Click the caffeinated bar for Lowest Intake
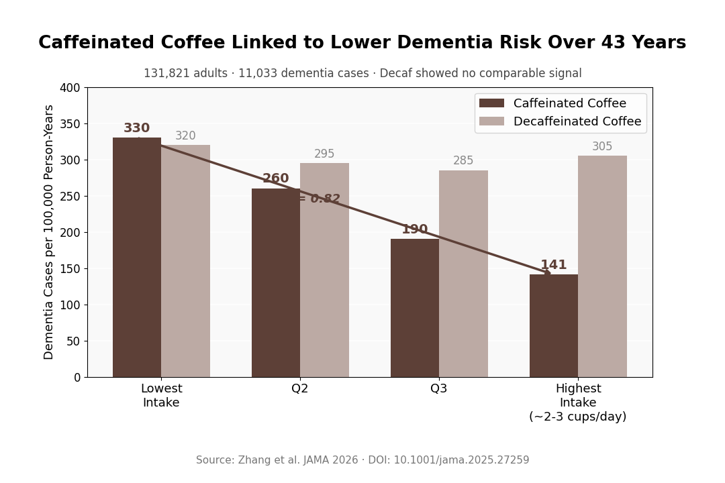(x=137, y=258)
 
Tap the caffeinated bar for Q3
(x=415, y=308)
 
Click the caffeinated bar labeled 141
(x=554, y=325)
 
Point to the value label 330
(x=136, y=128)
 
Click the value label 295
(x=324, y=154)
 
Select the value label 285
(x=463, y=161)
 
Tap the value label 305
(x=602, y=147)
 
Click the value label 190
(x=415, y=229)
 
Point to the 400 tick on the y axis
(x=70, y=88)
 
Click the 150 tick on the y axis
(x=70, y=269)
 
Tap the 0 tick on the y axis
(x=76, y=378)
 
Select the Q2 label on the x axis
(x=300, y=388)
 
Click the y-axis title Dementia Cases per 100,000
(x=49, y=232)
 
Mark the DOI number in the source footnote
(x=464, y=460)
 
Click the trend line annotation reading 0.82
(x=321, y=199)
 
